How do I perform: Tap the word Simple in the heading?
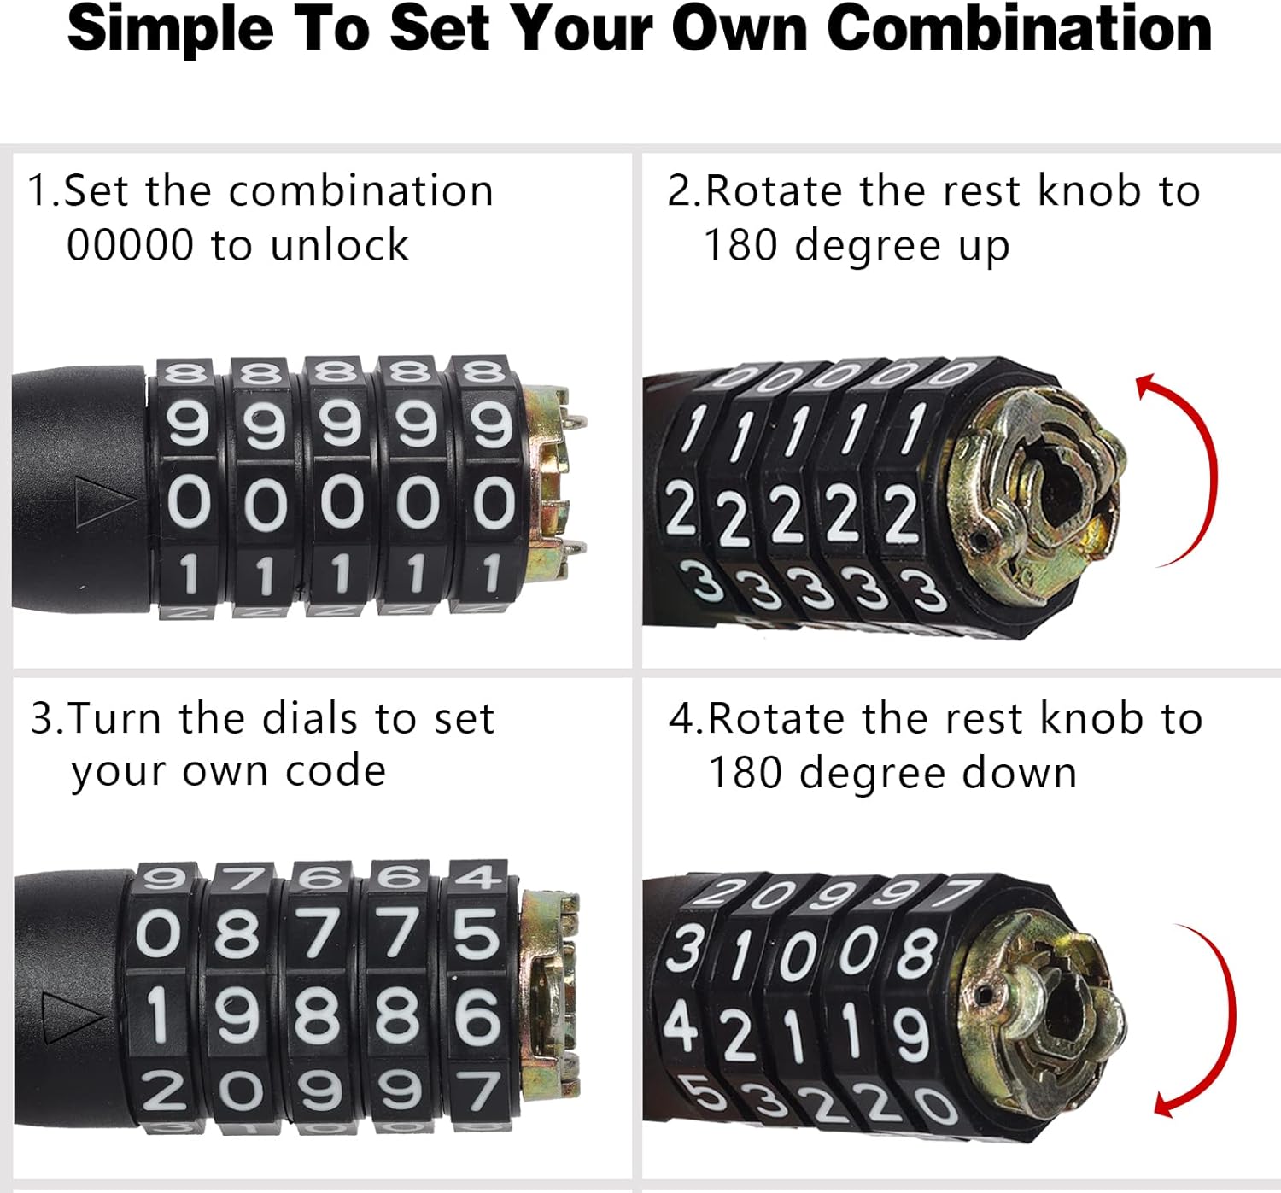(x=170, y=29)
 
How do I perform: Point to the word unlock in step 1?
(x=339, y=245)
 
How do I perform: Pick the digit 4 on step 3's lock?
(x=475, y=877)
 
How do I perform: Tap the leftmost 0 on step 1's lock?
(x=189, y=501)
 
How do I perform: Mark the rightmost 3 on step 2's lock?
(x=926, y=591)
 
